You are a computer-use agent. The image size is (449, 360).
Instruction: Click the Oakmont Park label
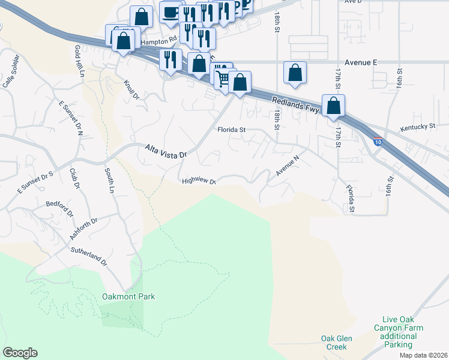point(128,296)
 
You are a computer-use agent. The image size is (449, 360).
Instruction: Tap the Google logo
point(20,353)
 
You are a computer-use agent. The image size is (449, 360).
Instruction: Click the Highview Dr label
point(198,180)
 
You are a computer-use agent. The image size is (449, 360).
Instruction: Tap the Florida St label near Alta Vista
point(232,129)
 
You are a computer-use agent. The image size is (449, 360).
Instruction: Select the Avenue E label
point(361,62)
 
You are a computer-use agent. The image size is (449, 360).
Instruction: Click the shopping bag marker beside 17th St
point(333,106)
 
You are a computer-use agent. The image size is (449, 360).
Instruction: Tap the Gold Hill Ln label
point(80,60)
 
